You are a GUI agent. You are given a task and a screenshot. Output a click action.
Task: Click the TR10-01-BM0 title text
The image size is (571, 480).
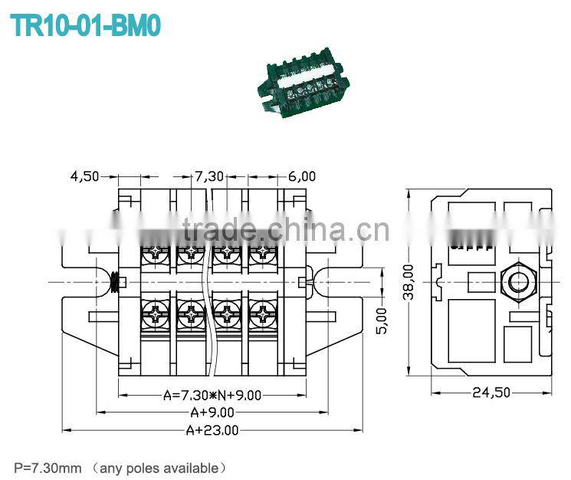86,25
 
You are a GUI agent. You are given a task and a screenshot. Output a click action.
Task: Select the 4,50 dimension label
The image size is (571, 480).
85,176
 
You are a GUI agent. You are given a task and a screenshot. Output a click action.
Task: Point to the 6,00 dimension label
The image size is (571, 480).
302,176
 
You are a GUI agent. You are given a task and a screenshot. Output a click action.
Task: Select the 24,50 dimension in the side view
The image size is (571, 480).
491,393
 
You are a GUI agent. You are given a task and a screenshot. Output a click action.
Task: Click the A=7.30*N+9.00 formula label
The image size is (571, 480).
212,396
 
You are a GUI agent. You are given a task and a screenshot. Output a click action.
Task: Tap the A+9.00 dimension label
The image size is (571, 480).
212,413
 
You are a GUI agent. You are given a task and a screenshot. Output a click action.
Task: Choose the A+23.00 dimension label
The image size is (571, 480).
212,430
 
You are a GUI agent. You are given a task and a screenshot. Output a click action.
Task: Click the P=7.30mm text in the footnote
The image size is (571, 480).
48,467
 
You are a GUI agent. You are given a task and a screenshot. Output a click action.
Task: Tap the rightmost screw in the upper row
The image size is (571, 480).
262,251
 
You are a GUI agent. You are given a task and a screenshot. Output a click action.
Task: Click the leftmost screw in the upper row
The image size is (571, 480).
156,251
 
